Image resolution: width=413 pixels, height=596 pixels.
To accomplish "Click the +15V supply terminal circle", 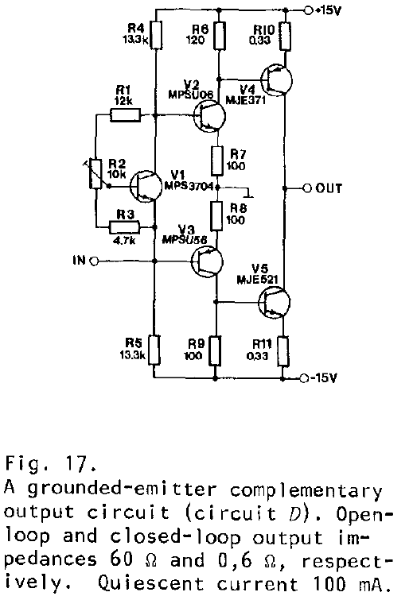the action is click(308, 10).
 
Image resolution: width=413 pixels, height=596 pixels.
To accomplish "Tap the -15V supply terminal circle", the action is click(304, 378).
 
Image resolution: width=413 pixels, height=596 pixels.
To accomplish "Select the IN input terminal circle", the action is click(94, 261).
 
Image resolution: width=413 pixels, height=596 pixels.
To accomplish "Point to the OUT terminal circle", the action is click(307, 188).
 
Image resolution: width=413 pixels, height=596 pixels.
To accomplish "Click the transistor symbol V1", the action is click(146, 186).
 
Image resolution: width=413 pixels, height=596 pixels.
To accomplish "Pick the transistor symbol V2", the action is click(209, 116).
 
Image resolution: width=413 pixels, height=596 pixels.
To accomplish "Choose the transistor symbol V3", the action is click(207, 261).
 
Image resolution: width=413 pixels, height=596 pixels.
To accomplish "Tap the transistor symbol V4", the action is click(277, 80).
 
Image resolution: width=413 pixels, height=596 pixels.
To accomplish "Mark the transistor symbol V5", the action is click(274, 302).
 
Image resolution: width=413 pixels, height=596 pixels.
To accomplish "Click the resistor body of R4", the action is click(156, 35).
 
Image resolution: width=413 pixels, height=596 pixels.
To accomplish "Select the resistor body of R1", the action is click(125, 114).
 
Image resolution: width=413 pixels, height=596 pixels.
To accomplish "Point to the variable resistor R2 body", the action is click(96, 174).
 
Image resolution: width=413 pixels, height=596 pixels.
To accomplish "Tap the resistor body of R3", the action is click(124, 228).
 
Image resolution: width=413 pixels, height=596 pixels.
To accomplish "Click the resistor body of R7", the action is click(216, 161).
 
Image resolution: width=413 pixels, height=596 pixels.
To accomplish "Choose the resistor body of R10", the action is click(285, 36).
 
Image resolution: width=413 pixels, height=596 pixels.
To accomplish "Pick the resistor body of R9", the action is click(215, 350).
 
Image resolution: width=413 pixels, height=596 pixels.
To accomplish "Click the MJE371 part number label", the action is click(246, 100).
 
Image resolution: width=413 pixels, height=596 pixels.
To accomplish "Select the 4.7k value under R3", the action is click(124, 240).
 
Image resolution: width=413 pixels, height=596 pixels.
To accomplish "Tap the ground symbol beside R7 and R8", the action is click(249, 193).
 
